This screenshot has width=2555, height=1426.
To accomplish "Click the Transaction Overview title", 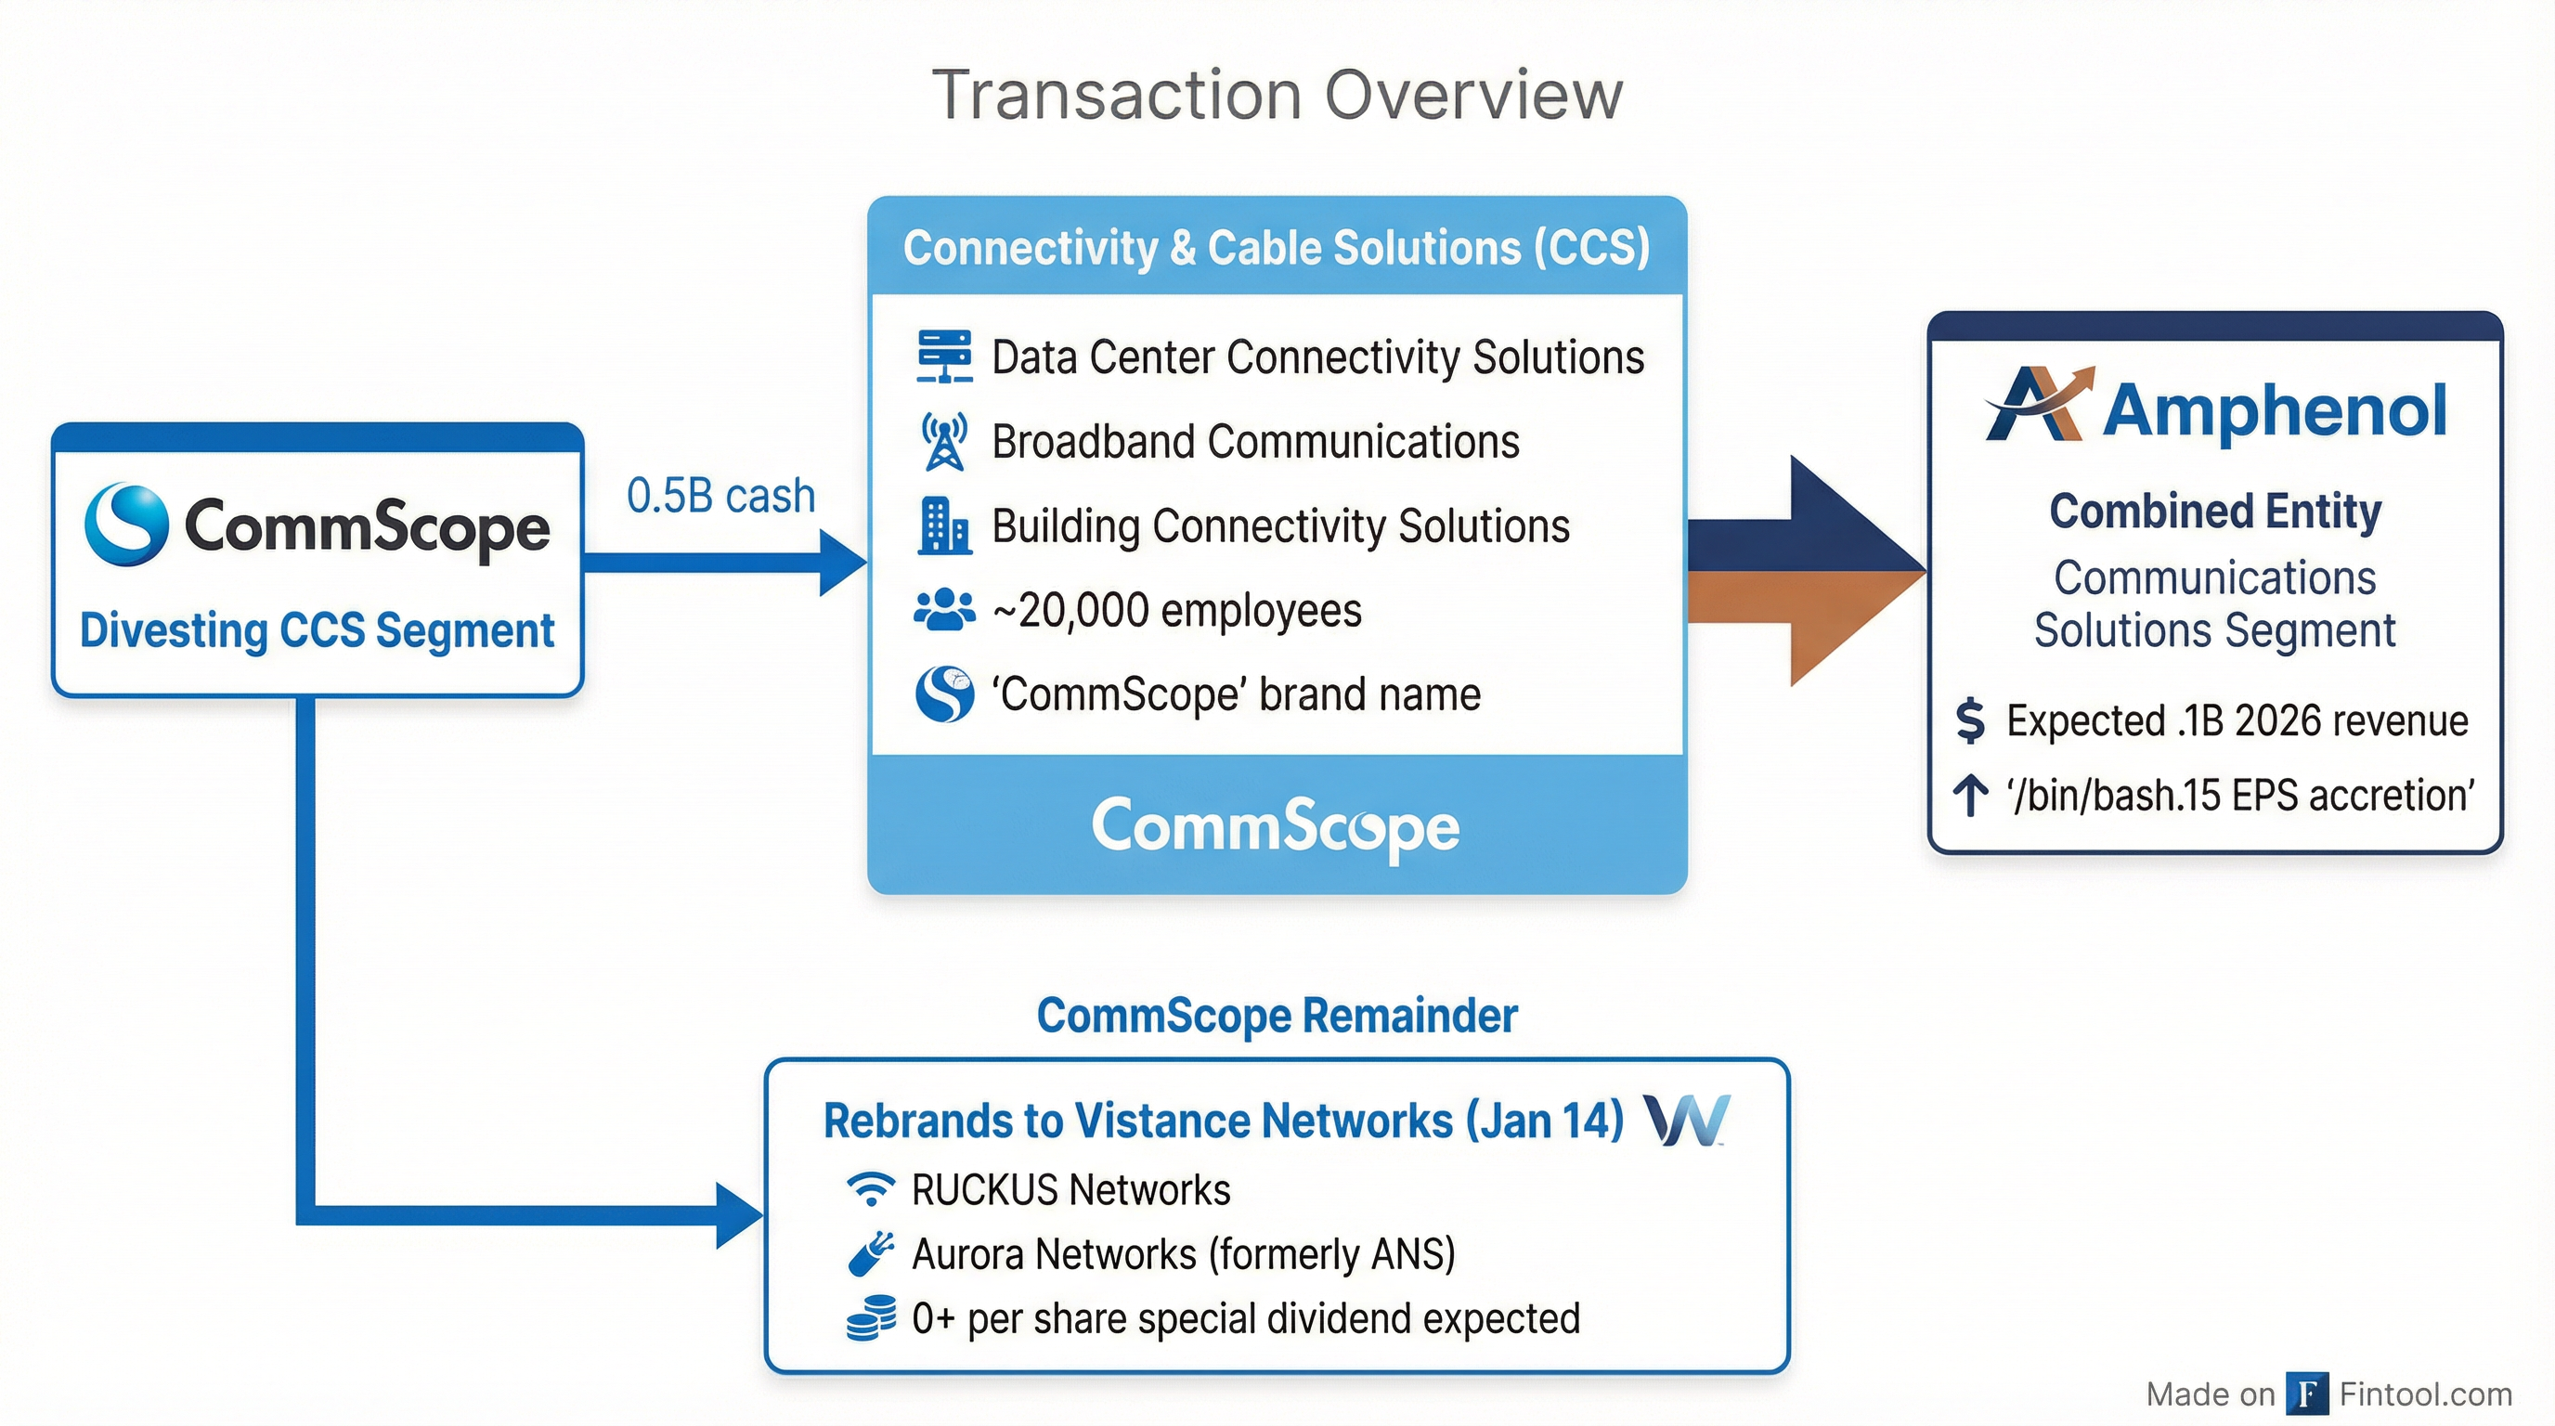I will click(x=1277, y=96).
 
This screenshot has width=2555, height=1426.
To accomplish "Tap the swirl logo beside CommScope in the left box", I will click(x=126, y=524).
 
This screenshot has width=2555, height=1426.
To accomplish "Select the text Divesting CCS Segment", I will click(x=317, y=630).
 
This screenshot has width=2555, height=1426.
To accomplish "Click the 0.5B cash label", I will click(x=720, y=496).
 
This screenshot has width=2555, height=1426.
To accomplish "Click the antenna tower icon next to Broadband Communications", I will click(x=943, y=441).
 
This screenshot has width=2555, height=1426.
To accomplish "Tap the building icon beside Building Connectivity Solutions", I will click(x=943, y=525).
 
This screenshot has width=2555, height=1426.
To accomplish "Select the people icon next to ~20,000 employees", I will click(x=943, y=610).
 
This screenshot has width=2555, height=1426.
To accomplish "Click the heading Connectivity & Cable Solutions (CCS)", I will click(x=1276, y=247).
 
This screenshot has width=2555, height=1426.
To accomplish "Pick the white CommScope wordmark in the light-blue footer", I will click(x=1276, y=826).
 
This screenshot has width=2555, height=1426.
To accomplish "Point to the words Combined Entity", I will click(x=2215, y=512).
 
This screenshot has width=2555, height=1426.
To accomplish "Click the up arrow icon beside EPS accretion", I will click(x=1970, y=796).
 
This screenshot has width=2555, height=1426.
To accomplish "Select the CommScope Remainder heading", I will click(x=1277, y=1016).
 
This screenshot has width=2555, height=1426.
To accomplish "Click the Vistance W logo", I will click(x=1686, y=1120).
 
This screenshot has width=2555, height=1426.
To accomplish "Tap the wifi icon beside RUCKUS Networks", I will click(x=871, y=1189).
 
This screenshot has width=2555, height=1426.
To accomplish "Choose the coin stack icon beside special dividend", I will click(x=871, y=1319).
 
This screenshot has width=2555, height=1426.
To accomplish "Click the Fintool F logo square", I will click(x=2306, y=1394).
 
